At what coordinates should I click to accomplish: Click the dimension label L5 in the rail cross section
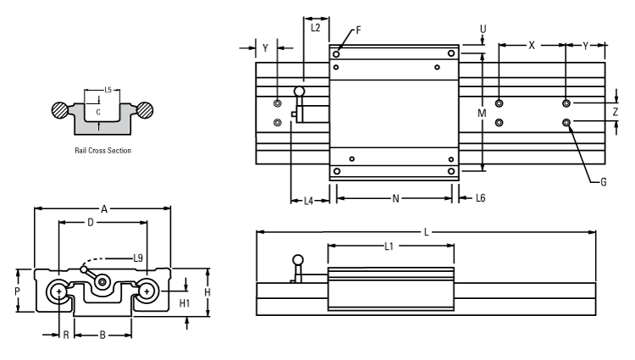point(107,89)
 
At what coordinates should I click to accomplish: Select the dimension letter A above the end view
point(104,208)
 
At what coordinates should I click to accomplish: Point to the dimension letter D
point(90,223)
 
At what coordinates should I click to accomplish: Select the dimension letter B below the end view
point(102,335)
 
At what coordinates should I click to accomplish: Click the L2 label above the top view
point(315,27)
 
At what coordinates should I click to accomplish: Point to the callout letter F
point(358,30)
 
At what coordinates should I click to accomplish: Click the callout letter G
point(603,181)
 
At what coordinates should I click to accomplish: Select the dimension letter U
point(483,28)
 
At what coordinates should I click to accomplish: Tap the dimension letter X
point(532,46)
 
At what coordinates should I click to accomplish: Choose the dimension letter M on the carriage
point(482,113)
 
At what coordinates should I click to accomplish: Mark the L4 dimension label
point(309,201)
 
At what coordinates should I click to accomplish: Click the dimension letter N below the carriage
point(395,200)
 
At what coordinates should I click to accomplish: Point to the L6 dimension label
point(480,197)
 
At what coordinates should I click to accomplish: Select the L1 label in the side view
point(389,246)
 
